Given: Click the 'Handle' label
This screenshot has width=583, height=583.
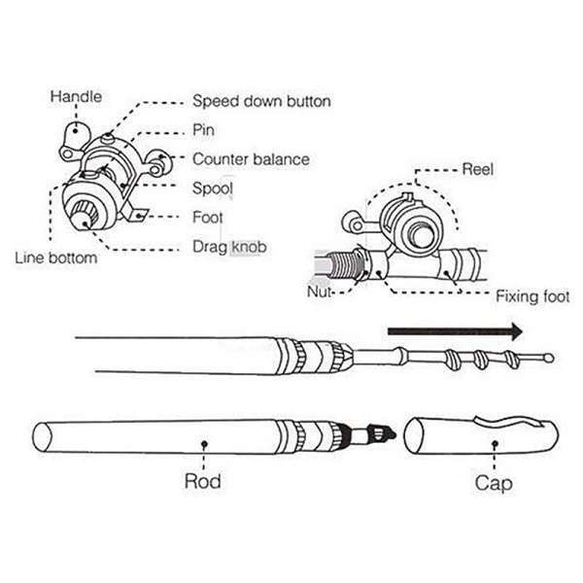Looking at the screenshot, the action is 76,96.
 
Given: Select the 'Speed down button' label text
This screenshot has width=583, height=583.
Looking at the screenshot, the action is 261,101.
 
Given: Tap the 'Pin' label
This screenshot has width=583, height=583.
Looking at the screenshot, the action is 203,130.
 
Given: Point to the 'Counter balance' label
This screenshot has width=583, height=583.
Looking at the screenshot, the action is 251,159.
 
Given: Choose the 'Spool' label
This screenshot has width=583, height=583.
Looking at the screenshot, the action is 212,189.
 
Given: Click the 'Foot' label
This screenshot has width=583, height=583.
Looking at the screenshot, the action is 208,217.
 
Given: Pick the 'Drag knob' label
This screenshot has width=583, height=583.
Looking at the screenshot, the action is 229,247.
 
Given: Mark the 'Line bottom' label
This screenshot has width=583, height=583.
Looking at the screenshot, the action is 55,257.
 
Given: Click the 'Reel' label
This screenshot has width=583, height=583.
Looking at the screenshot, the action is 477,169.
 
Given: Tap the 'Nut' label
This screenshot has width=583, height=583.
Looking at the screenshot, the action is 319,291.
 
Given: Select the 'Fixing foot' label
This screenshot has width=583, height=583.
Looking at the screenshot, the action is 532,296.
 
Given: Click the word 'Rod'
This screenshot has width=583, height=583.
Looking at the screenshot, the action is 203,481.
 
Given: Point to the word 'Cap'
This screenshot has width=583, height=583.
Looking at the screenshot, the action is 494,483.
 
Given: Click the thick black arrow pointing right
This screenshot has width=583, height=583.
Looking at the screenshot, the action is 455,331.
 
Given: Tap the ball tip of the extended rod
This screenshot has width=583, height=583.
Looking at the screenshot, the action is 548,359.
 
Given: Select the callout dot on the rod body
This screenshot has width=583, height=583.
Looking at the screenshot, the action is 204,444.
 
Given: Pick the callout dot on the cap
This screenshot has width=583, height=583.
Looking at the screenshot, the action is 495,443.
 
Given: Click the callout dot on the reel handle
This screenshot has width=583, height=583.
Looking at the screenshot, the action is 76,130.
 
